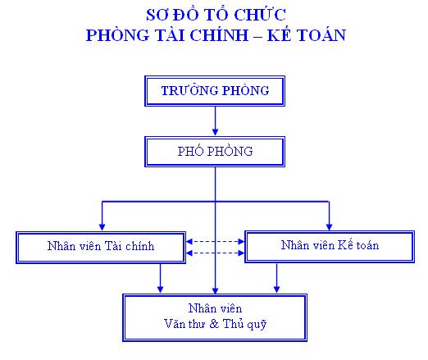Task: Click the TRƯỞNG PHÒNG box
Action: [215, 91]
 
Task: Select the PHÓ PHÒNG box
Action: [215, 152]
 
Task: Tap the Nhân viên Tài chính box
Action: [101, 248]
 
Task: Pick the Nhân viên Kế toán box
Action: [330, 247]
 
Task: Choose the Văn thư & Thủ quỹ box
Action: [215, 317]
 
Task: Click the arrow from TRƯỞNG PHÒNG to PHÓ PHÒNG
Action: [215, 121]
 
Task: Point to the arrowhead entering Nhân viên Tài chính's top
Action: [102, 227]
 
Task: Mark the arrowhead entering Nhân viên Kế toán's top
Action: [329, 227]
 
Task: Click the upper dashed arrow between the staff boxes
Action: [216, 241]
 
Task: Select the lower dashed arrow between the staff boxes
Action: [216, 253]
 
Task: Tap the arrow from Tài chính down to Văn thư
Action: [161, 279]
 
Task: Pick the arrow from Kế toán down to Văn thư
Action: [276, 278]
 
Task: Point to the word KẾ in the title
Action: [279, 35]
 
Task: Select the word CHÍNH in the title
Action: [219, 35]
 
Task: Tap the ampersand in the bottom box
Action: [214, 324]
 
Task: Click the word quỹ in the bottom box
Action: [257, 325]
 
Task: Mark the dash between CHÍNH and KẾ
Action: [257, 36]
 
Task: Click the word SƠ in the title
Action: [157, 15]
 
